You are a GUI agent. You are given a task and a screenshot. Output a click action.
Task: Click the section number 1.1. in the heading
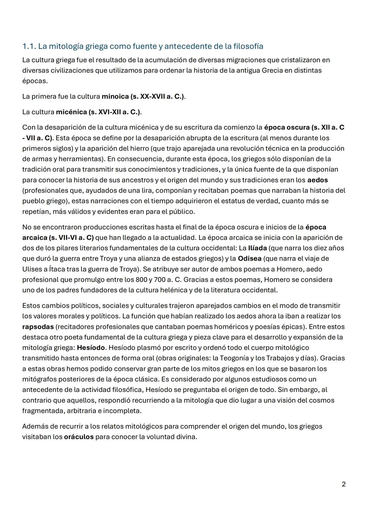[x=29, y=46]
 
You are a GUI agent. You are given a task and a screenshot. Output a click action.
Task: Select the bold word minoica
[x=115, y=96]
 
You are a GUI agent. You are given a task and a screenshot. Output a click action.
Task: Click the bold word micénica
[x=71, y=112]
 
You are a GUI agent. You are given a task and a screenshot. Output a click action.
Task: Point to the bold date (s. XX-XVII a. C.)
[x=158, y=96]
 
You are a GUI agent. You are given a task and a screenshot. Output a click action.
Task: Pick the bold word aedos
[x=317, y=180]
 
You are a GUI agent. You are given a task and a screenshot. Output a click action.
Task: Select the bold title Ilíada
[x=257, y=248]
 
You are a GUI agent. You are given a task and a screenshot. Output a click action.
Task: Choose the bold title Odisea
[x=249, y=258]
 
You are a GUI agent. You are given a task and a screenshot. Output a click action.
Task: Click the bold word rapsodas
[x=38, y=327]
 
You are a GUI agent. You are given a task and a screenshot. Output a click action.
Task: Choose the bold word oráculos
[x=79, y=437]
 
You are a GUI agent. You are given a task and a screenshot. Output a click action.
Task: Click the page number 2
[x=343, y=484]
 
